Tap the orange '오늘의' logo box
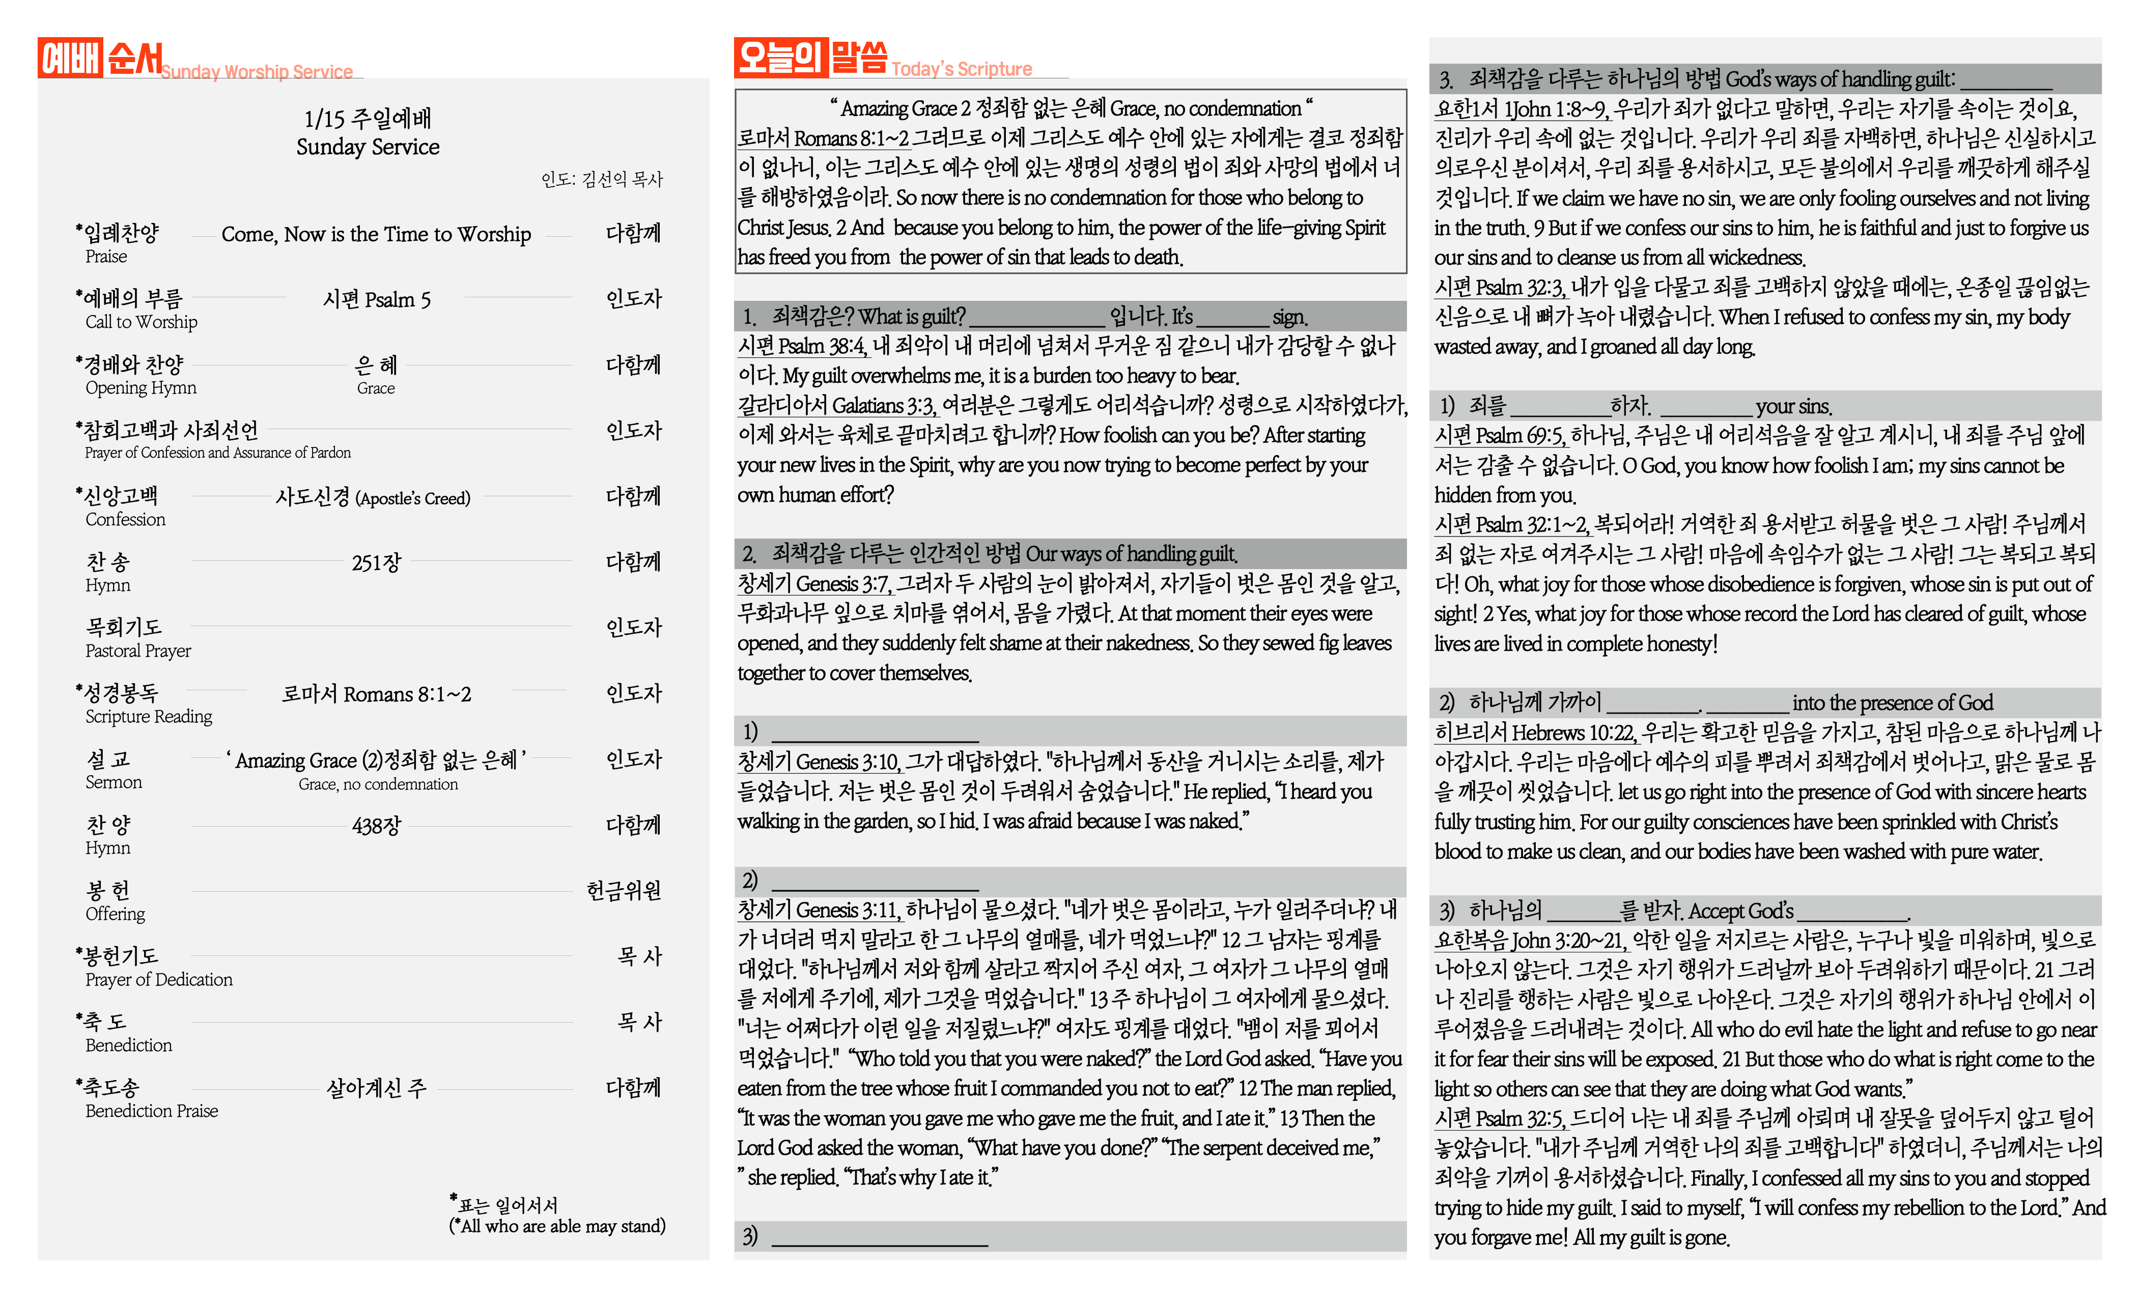780,57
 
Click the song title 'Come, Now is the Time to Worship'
376,234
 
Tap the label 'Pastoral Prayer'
138,651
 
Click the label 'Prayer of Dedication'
159,979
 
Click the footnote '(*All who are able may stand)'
557,1226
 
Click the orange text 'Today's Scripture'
962,69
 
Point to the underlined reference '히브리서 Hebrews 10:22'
1535,733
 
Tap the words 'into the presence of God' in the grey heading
1893,703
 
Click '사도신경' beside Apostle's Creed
313,497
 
